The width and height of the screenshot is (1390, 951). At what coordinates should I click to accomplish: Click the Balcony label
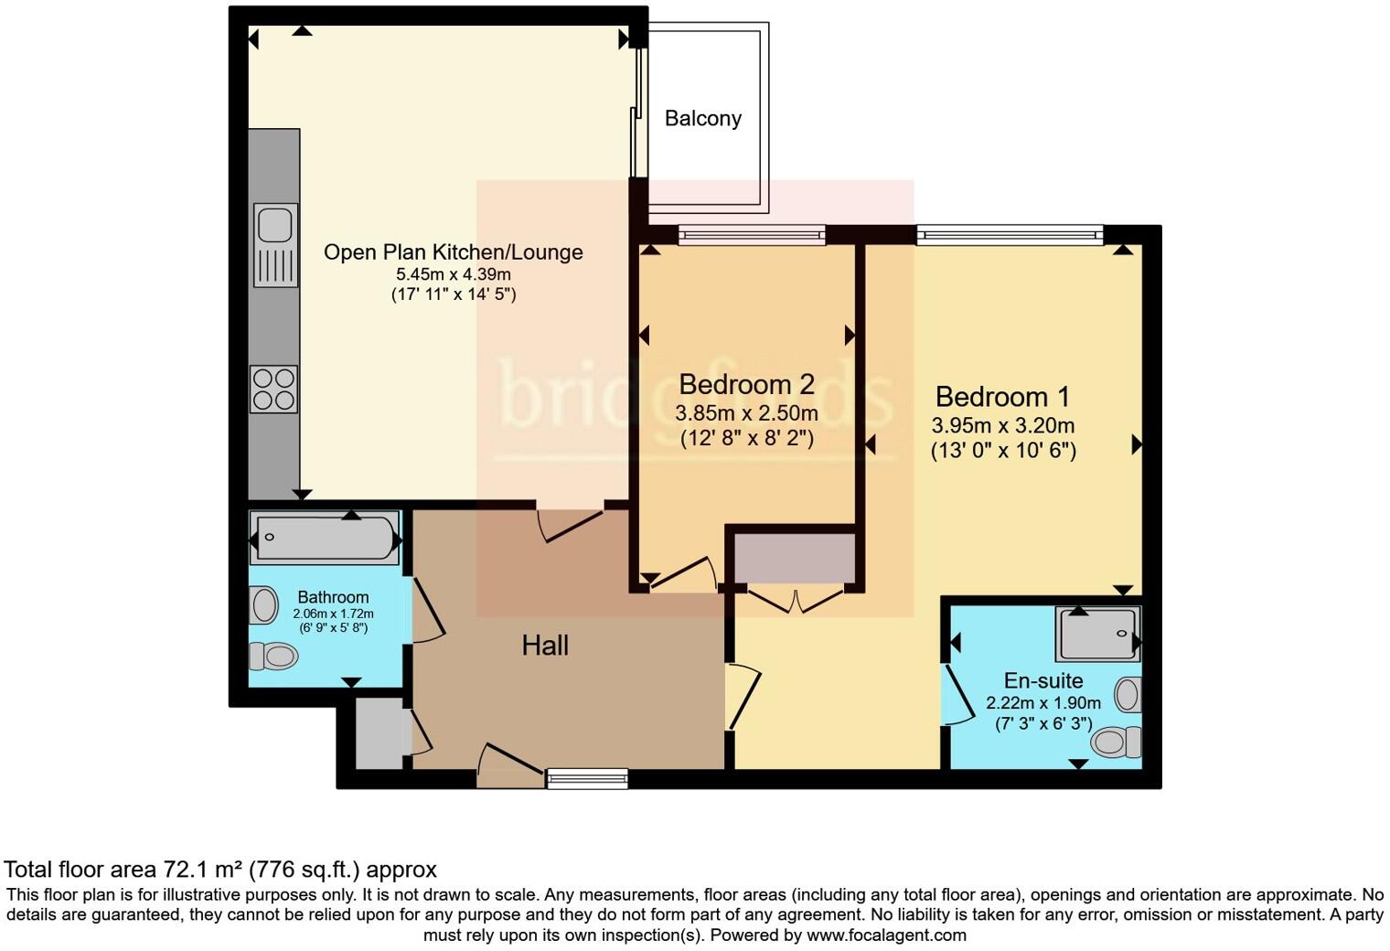click(702, 118)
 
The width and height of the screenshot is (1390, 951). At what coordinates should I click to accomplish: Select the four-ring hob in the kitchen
click(274, 389)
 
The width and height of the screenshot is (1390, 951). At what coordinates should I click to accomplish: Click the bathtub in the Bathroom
click(325, 539)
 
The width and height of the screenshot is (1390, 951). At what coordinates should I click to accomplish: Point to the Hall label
click(545, 646)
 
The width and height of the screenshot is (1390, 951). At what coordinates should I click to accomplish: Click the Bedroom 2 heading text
click(746, 384)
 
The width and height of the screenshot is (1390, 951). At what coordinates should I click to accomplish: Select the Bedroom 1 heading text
click(1002, 397)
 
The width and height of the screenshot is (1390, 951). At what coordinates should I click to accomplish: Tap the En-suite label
click(1043, 680)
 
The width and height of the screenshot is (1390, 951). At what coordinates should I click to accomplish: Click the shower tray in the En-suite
click(1097, 634)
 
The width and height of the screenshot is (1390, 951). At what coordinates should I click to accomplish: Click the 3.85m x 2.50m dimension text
click(746, 413)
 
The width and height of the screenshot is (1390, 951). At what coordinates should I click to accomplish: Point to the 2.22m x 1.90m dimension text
click(1043, 703)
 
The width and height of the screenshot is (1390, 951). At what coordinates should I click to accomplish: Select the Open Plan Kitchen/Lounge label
click(453, 252)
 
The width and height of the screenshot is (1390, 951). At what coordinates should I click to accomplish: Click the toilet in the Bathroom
click(274, 656)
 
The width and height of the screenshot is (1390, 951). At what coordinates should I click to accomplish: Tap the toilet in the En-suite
click(1117, 741)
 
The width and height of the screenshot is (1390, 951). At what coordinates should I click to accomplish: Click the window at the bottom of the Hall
click(587, 778)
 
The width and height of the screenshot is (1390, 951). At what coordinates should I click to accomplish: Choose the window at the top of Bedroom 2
click(752, 235)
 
